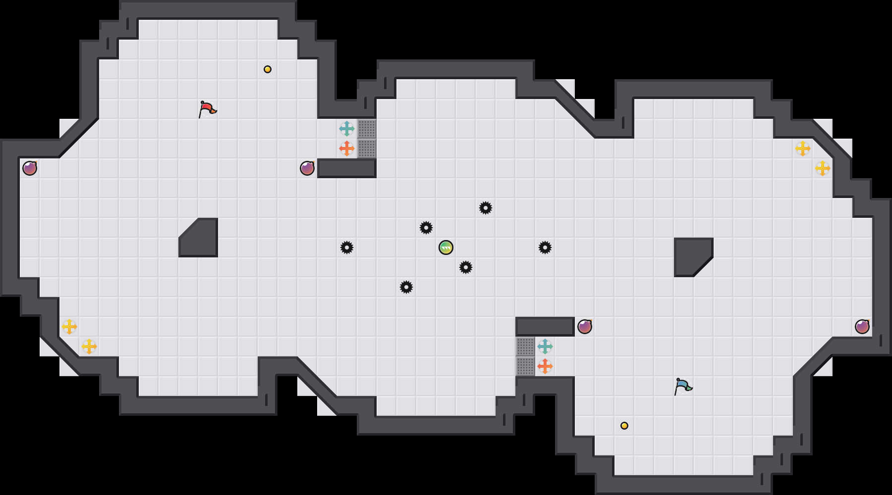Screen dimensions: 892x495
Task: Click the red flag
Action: pos(207,109)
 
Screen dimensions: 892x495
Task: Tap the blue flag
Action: pos(683,386)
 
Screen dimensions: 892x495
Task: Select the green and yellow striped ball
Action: pos(446,247)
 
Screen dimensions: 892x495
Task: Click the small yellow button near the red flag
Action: pos(268,69)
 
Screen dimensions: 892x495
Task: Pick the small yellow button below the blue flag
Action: pos(624,426)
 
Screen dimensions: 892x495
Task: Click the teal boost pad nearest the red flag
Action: pos(347,129)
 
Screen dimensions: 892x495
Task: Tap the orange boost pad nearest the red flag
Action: pos(347,148)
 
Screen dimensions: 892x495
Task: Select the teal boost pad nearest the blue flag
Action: pos(545,346)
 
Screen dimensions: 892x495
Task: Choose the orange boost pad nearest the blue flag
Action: pos(545,366)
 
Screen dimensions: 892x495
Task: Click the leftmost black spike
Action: pos(347,247)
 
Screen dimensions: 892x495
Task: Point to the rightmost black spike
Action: pos(545,247)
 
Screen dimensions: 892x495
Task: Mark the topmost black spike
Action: pos(486,208)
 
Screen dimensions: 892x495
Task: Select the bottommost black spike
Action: pos(406,287)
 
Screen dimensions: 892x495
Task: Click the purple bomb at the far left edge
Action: pos(30,168)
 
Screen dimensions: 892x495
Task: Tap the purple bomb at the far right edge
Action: pos(862,327)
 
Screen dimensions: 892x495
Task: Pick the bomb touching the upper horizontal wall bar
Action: pos(307,168)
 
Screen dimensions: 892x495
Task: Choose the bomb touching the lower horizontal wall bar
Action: pos(585,327)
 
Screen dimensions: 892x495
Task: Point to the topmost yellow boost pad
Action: pos(803,148)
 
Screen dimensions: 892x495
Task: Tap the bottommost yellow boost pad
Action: pos(89,346)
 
